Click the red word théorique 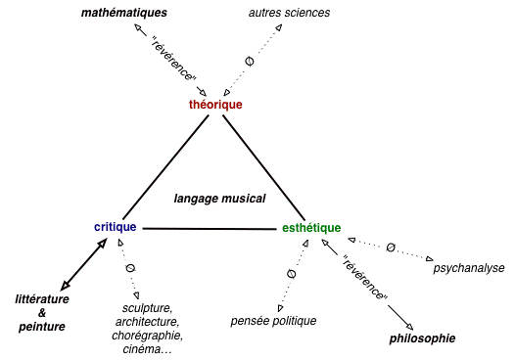(x=215, y=105)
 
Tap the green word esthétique (x=310, y=228)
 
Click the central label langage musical (x=220, y=198)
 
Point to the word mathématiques (x=124, y=14)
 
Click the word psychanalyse (x=469, y=266)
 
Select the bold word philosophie (x=423, y=338)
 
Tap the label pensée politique (x=274, y=321)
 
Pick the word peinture (x=41, y=326)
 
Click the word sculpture (x=147, y=308)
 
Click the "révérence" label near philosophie (x=365, y=279)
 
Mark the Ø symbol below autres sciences (x=249, y=62)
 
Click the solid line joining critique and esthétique (x=210, y=229)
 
